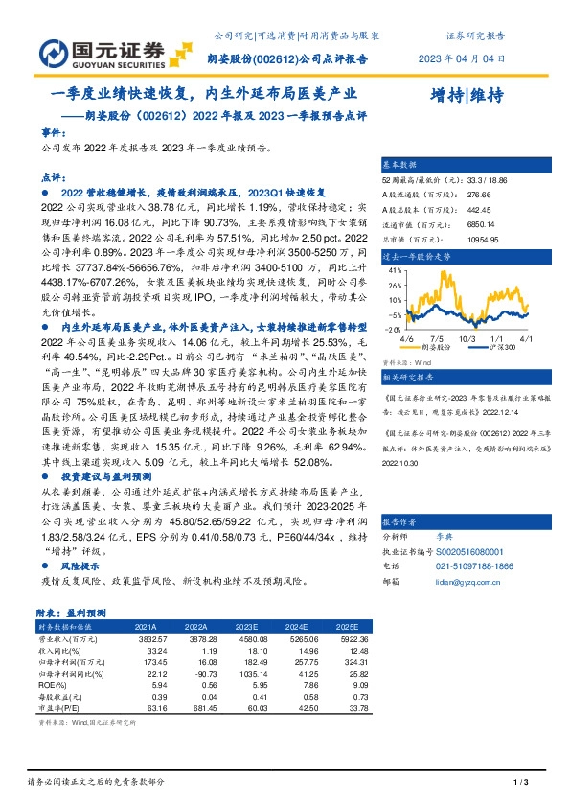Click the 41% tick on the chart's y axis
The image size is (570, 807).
tap(394, 271)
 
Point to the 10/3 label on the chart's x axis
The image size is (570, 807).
tap(467, 338)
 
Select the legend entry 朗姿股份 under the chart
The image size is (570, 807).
tap(439, 349)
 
